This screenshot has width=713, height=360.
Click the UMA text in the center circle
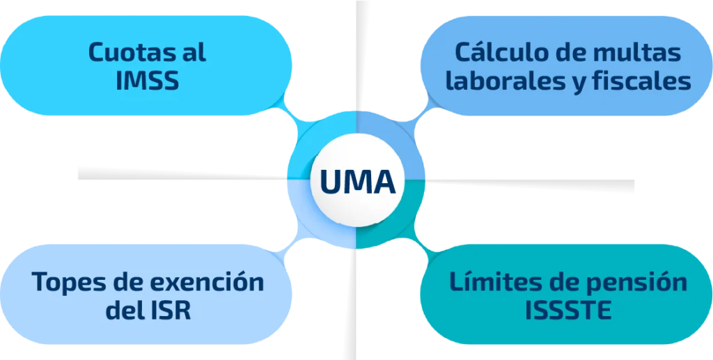[x=356, y=182]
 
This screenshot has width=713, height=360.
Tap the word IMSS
[x=148, y=81]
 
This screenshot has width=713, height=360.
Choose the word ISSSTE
[x=569, y=311]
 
